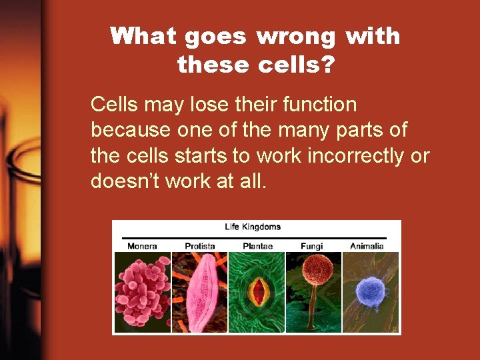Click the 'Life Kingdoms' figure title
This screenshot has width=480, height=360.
click(253, 227)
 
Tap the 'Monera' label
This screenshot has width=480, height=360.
click(142, 246)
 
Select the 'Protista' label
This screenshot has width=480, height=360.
click(199, 246)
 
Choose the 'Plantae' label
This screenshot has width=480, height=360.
click(257, 246)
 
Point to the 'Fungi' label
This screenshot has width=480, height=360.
click(311, 246)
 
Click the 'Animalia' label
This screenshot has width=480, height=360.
click(367, 246)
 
